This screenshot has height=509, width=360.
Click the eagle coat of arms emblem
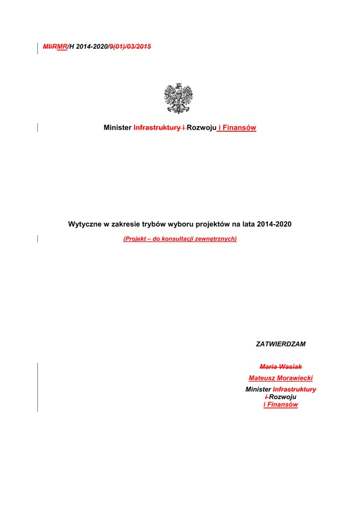tap(179, 98)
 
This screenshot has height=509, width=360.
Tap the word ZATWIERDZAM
tap(280, 344)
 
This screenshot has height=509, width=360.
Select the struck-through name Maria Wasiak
tap(280, 367)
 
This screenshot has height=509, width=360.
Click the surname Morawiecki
tap(294, 378)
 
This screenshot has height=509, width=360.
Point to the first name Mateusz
tap(262, 378)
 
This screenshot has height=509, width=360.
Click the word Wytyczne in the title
tap(85, 224)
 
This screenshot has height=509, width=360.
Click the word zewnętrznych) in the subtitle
tap(216, 239)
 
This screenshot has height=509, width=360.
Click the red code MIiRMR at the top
tap(55, 47)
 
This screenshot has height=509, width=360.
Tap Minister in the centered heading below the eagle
tap(118, 128)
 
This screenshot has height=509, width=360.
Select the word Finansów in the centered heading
tap(239, 128)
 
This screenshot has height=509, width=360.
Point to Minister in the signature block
tap(259, 390)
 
